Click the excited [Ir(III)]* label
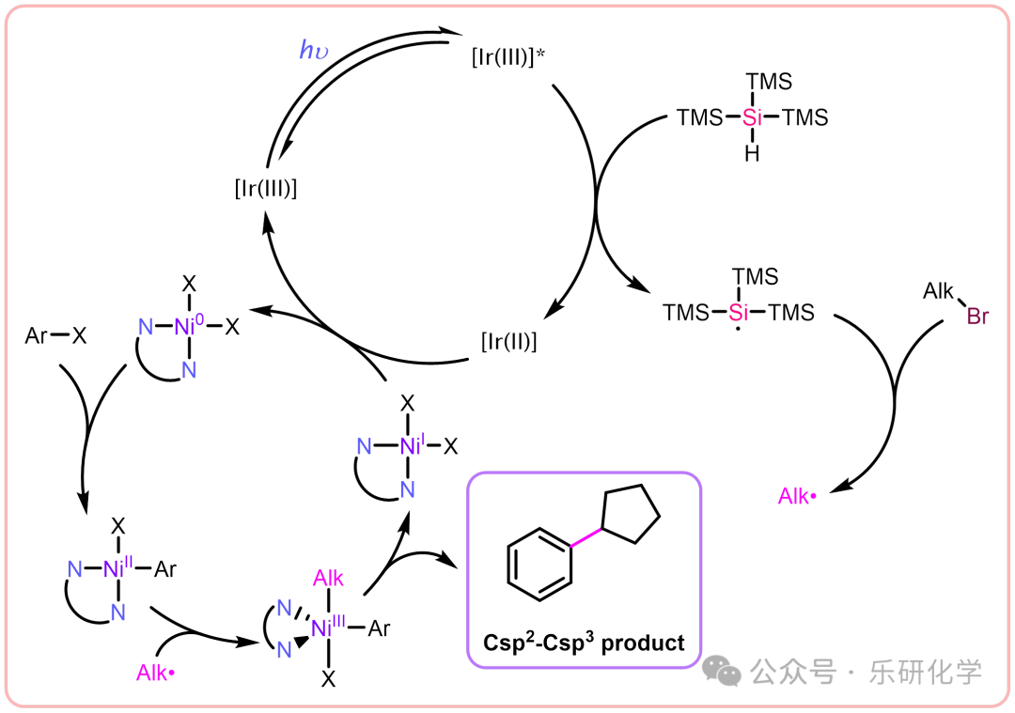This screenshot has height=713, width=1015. coord(508,57)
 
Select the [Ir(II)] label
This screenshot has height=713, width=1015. coord(508,343)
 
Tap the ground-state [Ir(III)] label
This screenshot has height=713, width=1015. coord(266,189)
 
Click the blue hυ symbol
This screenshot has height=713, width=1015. coord(314,51)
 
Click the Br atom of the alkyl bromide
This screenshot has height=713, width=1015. coord(977,317)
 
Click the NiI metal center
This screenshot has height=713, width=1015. coord(410,446)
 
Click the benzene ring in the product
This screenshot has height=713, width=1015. coord(539,563)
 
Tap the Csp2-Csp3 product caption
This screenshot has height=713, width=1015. coord(584,643)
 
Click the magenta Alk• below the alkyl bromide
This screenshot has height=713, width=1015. coord(797,496)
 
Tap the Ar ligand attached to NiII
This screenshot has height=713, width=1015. coord(165,569)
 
